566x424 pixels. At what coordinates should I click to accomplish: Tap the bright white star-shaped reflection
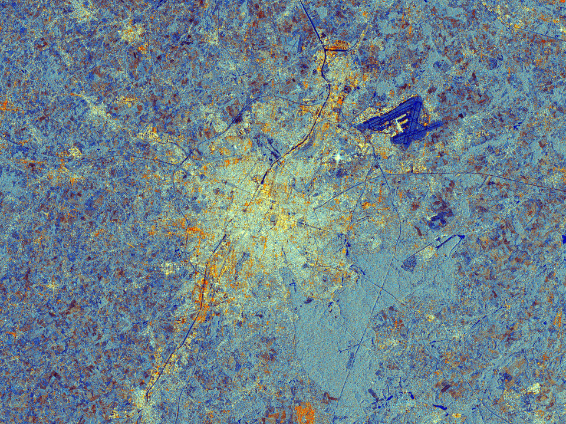(338, 157)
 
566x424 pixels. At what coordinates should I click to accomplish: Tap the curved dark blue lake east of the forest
(447, 241)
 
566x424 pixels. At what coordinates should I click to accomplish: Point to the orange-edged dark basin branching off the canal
(337, 47)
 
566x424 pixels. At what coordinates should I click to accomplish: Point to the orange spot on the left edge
(3, 106)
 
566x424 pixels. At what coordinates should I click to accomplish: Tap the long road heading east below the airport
(472, 175)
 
